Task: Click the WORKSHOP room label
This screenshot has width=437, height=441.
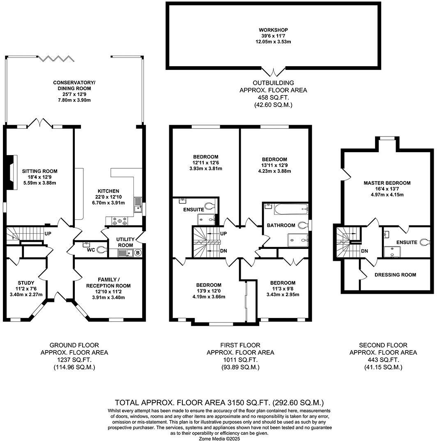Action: pyautogui.click(x=273, y=30)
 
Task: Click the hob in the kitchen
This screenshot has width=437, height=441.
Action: pyautogui.click(x=119, y=221)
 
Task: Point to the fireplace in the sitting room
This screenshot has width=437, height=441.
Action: pyautogui.click(x=12, y=173)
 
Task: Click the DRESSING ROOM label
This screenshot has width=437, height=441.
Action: pyautogui.click(x=395, y=275)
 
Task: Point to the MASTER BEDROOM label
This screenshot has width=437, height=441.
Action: pyautogui.click(x=387, y=183)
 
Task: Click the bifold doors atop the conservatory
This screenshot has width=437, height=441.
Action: pyautogui.click(x=56, y=58)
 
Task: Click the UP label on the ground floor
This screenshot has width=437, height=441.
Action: pyautogui.click(x=48, y=234)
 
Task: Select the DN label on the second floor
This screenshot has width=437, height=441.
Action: pyautogui.click(x=364, y=251)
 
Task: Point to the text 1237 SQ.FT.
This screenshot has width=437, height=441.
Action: pyautogui.click(x=74, y=360)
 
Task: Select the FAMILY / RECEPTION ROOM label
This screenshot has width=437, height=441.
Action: pyautogui.click(x=108, y=282)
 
